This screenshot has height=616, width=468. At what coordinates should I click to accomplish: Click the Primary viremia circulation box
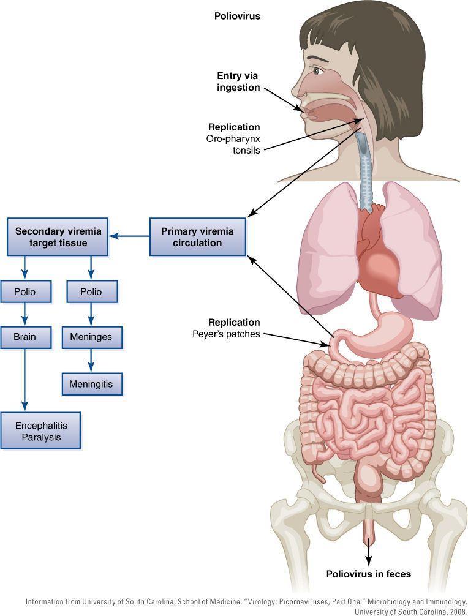coord(198,237)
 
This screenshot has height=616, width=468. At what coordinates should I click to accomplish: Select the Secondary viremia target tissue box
coord(58,237)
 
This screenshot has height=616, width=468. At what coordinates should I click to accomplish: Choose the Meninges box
coord(92,337)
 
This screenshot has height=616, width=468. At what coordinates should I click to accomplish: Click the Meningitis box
coord(92,384)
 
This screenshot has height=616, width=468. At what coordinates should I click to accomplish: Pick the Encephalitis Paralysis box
coord(41,430)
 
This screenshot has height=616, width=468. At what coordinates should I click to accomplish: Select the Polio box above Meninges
coord(92,291)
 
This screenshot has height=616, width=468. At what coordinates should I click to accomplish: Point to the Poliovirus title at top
coord(237,16)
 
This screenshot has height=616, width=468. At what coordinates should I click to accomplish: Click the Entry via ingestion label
coord(238,81)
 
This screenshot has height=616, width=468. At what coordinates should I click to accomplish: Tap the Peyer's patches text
coord(226,334)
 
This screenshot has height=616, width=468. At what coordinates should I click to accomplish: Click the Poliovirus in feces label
coord(369,574)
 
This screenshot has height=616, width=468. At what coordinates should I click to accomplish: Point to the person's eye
coord(317,71)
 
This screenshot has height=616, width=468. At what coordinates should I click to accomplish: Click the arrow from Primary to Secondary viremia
coord(129,236)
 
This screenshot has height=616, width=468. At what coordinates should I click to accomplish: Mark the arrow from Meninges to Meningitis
coord(91,361)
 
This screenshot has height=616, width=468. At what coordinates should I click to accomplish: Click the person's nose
coord(300,88)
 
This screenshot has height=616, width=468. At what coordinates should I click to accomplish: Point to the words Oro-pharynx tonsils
coord(233,145)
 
